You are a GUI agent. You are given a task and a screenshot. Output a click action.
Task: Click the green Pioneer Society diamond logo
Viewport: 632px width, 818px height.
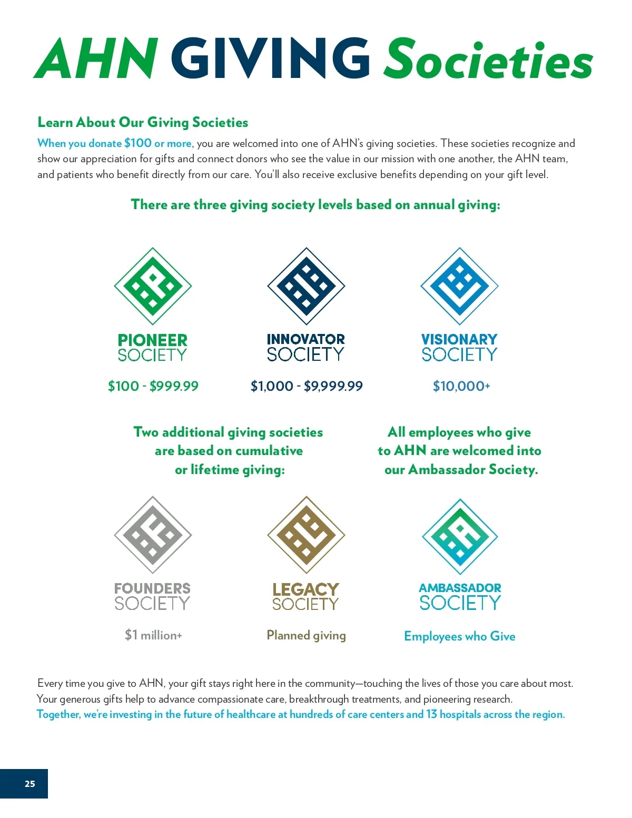click(153, 286)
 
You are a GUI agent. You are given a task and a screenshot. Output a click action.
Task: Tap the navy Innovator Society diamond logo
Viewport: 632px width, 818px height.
click(306, 286)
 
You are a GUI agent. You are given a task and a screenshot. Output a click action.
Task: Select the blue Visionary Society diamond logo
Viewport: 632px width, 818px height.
click(459, 286)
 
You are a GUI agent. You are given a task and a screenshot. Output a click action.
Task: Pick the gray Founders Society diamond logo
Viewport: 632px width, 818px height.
click(153, 535)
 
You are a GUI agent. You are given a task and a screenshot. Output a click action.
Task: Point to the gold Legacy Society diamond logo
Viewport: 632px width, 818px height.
click(306, 535)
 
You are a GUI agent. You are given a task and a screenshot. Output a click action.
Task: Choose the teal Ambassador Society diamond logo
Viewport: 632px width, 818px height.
click(460, 536)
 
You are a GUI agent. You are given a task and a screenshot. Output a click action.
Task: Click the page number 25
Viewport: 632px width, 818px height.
click(30, 784)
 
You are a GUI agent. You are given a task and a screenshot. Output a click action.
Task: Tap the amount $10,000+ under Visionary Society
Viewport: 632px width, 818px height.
click(461, 386)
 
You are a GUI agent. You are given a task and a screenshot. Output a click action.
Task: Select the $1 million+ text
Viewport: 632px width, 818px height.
click(153, 635)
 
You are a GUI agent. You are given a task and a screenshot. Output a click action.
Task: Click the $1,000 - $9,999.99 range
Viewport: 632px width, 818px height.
click(307, 386)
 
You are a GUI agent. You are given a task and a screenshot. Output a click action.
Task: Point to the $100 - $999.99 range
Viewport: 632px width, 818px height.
click(153, 386)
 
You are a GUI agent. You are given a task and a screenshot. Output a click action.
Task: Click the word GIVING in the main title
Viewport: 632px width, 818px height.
click(271, 58)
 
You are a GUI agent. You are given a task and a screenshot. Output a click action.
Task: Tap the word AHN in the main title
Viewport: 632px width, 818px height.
click(96, 58)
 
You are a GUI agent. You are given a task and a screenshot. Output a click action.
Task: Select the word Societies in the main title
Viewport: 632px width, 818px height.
click(488, 59)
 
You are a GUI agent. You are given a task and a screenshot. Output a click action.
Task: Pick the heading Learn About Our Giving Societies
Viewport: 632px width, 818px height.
click(143, 122)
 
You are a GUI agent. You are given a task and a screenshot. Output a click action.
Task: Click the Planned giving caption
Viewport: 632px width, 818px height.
click(307, 635)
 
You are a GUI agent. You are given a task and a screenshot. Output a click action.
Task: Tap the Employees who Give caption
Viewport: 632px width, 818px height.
click(460, 636)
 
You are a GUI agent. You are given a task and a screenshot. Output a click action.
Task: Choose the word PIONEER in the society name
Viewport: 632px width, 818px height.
click(153, 340)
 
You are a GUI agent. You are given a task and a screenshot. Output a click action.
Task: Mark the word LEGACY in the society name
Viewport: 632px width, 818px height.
click(306, 589)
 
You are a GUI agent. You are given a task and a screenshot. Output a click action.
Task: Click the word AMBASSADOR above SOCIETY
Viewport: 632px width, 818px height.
click(460, 588)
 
